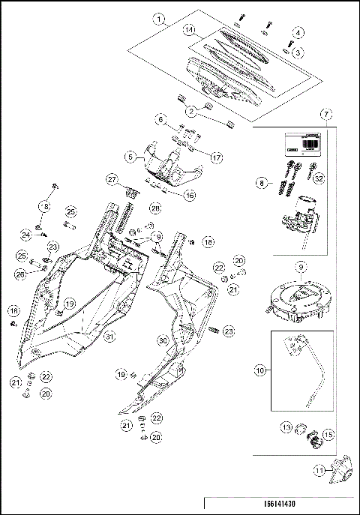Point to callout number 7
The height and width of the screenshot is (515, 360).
pos(326,115)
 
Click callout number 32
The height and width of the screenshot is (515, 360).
pos(320,179)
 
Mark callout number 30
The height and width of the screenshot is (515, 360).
pos(162,340)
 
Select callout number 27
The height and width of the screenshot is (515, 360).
pos(112,180)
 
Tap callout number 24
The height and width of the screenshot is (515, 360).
pos(25,235)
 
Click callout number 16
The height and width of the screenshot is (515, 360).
pos(189,194)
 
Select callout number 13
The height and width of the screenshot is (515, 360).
pos(287,427)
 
